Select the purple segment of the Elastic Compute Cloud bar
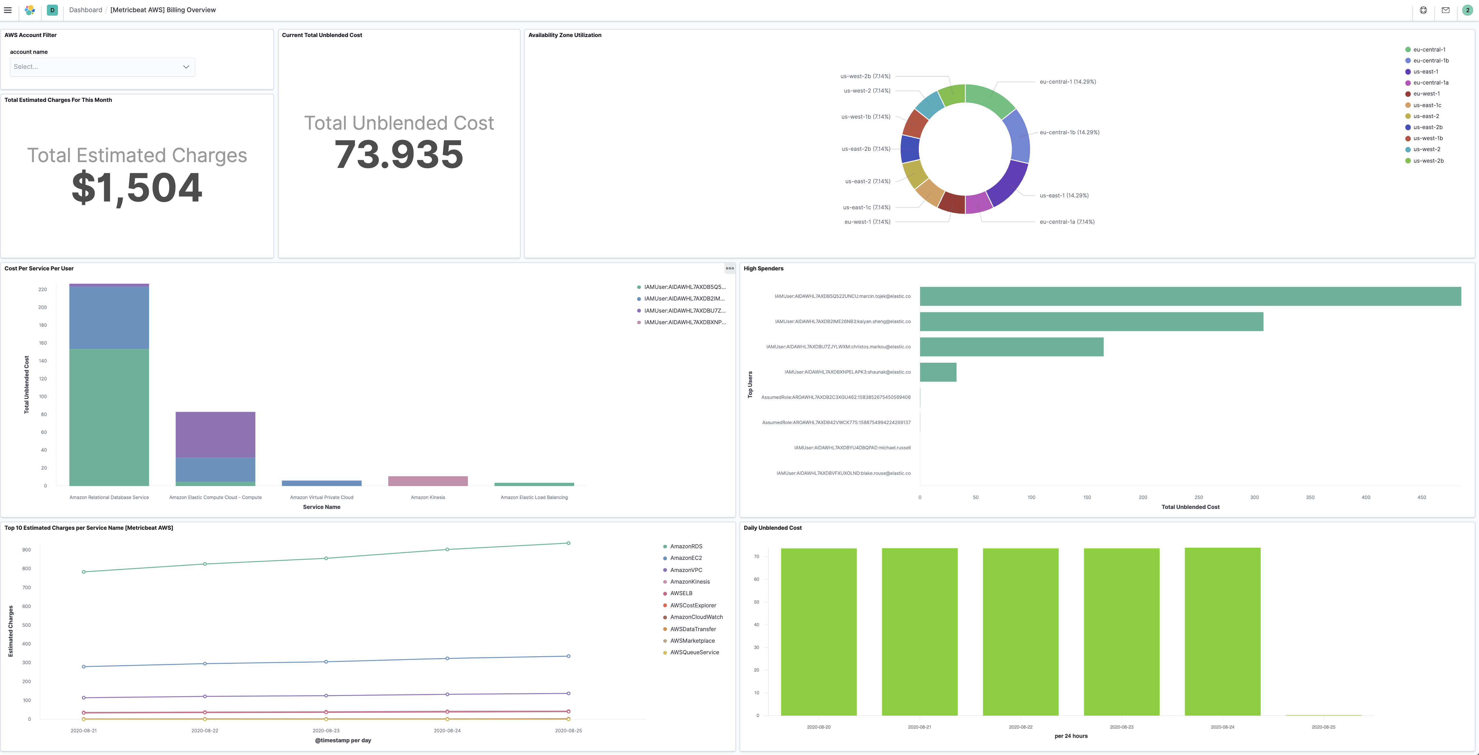pyautogui.click(x=215, y=435)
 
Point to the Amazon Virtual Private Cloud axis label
pyautogui.click(x=321, y=498)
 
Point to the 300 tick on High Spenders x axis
pyautogui.click(x=1254, y=498)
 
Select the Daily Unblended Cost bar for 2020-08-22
pyautogui.click(x=1020, y=632)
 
